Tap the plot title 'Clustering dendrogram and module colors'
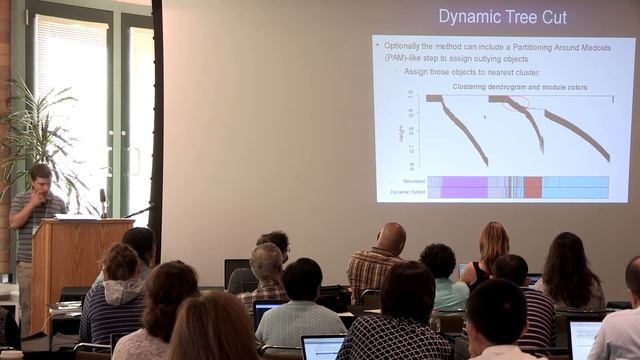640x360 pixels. coord(520,87)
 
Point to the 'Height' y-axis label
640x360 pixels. coord(401,133)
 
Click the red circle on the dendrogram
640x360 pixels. coord(516,102)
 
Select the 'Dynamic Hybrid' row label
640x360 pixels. coord(407,191)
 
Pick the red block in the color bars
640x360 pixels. coord(533,187)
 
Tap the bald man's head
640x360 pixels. coord(391,237)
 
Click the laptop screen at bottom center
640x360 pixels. coord(323,348)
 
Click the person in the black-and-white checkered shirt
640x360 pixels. coord(395,325)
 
